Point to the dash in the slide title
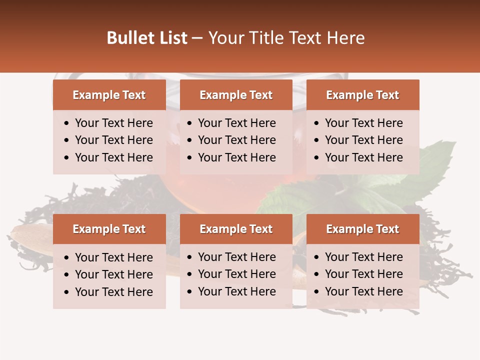click(x=197, y=38)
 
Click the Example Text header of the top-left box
click(x=109, y=95)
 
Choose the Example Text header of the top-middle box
click(x=236, y=95)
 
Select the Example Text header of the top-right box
click(x=362, y=95)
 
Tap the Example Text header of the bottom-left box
click(x=109, y=229)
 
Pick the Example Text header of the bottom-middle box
click(x=236, y=229)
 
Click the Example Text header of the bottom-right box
click(x=362, y=229)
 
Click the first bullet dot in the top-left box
click(x=67, y=123)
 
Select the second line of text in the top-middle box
click(x=236, y=140)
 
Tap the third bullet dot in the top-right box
click(x=317, y=158)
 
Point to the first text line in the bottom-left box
click(x=113, y=257)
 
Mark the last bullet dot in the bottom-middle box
click(x=190, y=292)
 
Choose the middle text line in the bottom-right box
click(x=363, y=274)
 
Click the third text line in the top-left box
click(x=113, y=157)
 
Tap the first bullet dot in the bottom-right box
click(x=317, y=257)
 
